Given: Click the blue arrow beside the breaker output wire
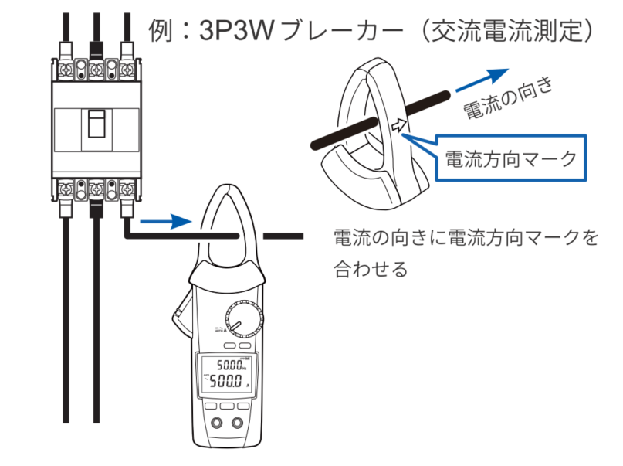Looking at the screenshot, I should (x=169, y=222).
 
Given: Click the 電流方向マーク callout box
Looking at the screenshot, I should (x=510, y=160).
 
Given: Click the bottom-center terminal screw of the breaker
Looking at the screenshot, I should (x=96, y=186).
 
